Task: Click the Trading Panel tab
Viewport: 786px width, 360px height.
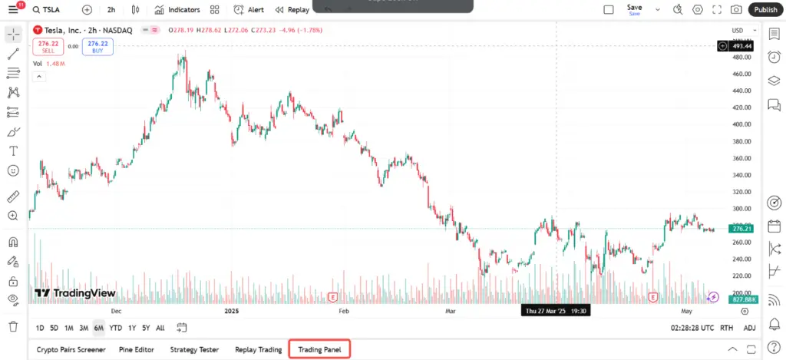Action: coord(319,350)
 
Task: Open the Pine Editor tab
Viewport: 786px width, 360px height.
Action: coord(137,350)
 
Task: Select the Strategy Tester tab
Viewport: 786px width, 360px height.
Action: coord(195,350)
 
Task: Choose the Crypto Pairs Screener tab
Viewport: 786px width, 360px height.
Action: coord(71,350)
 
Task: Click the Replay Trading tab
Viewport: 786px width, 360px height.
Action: coord(258,350)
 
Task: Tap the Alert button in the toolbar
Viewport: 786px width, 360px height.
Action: coord(249,10)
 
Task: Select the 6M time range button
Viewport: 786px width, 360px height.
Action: coord(99,328)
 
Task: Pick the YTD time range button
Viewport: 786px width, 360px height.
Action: coord(116,328)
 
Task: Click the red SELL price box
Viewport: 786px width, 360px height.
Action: coord(48,46)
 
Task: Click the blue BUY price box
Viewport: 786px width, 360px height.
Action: coord(97,46)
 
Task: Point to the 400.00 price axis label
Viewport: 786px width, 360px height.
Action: coord(741,124)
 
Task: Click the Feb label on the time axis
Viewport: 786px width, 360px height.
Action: coord(344,312)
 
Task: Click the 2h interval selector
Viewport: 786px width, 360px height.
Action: coord(111,10)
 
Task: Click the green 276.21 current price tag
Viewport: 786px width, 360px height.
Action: coord(741,229)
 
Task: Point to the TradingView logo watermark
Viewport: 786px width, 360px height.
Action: coord(75,293)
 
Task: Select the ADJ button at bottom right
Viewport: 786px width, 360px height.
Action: coord(749,328)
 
